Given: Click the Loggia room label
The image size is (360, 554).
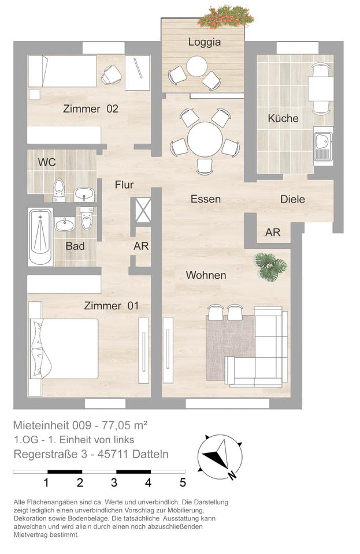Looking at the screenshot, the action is (x=205, y=42).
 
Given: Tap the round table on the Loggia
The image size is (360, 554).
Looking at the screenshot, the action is (x=196, y=66).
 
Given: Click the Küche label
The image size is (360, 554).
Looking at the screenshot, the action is (x=283, y=118).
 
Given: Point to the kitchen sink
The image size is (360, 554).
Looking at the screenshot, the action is (x=323, y=146).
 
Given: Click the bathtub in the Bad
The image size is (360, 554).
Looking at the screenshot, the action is (x=40, y=237).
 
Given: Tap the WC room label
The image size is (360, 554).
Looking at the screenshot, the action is (x=47, y=162).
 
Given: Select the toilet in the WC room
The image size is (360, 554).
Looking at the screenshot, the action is (x=59, y=190).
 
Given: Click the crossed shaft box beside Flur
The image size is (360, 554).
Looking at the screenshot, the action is (x=143, y=211).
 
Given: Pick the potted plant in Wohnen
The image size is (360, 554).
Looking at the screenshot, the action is (x=271, y=267).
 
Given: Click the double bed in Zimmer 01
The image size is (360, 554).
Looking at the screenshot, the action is (x=64, y=349).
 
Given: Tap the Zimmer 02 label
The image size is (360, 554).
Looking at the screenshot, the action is (x=91, y=109).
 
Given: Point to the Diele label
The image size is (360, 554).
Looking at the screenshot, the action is (x=292, y=199).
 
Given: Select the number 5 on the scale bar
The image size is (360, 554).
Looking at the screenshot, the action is (x=183, y=482).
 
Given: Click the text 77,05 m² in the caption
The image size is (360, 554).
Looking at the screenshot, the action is (x=124, y=425).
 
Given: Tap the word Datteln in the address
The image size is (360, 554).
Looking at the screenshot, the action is (x=150, y=454).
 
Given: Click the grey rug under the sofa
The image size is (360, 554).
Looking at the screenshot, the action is (x=231, y=348).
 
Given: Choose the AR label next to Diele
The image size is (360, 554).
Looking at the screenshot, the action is (x=273, y=233).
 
